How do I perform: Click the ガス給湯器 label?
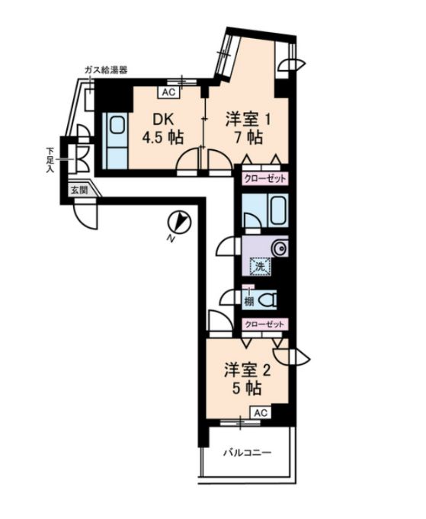click(106, 70)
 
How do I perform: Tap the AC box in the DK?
click(168, 92)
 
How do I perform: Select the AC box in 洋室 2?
click(261, 413)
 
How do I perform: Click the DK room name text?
click(162, 120)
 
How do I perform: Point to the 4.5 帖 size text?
click(163, 137)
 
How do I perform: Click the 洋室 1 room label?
click(248, 120)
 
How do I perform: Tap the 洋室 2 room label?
click(247, 370)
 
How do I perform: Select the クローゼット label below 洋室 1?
click(264, 179)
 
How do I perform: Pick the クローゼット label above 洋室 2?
click(264, 324)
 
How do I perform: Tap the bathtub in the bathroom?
click(277, 210)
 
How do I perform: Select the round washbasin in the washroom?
click(280, 248)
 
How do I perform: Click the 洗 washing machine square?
click(261, 267)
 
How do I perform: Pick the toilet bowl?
click(267, 300)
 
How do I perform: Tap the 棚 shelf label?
click(249, 302)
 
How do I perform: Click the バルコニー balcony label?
click(247, 452)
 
